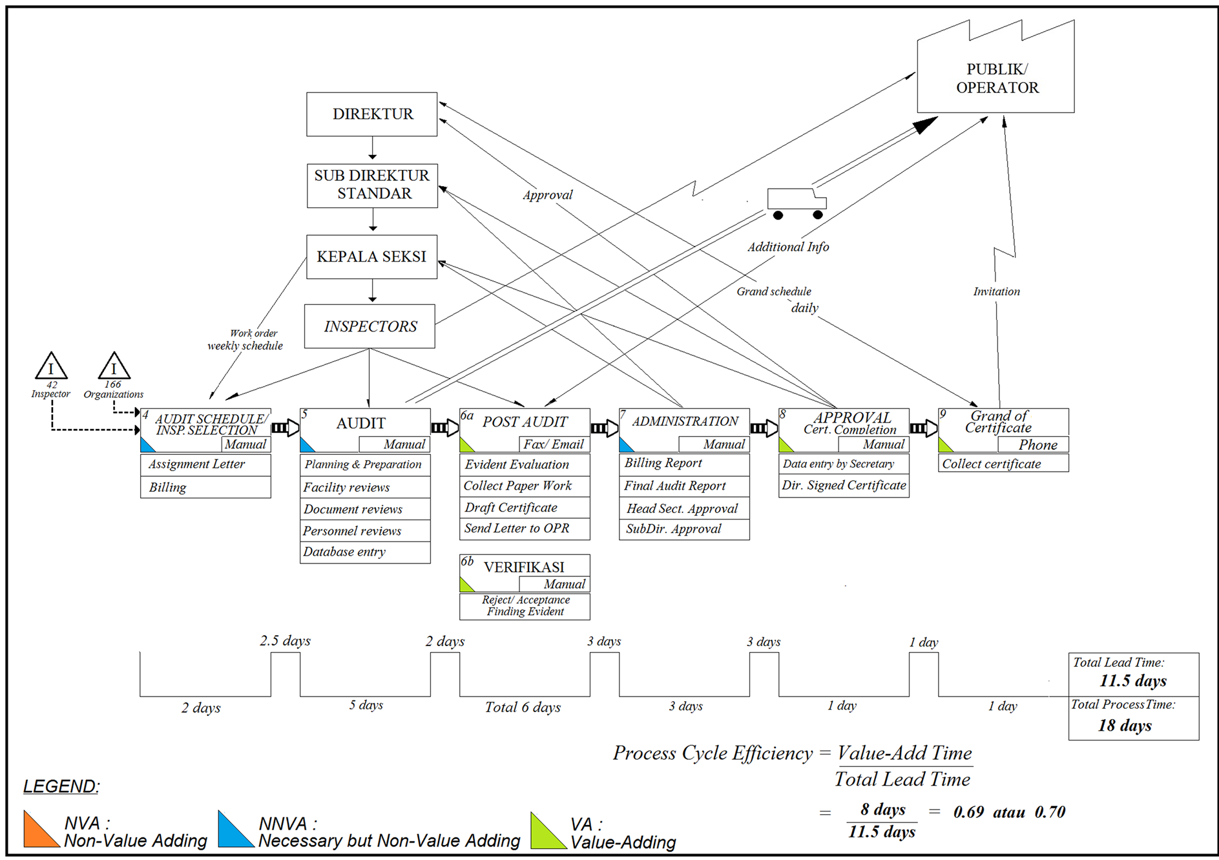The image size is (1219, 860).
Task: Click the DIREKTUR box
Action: [x=371, y=114]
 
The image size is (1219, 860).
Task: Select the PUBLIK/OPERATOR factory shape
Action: [x=996, y=78]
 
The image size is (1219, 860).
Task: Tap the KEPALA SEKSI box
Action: [x=371, y=257]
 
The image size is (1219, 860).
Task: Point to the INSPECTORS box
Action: [x=370, y=326]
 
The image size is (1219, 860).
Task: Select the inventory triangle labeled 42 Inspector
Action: [x=51, y=367]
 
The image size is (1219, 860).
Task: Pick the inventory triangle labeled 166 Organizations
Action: [x=114, y=367]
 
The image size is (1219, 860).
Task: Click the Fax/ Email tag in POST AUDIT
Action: [x=554, y=445]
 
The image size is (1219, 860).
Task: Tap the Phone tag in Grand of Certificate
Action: [x=1033, y=445]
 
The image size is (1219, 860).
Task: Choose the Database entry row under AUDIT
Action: [x=365, y=552]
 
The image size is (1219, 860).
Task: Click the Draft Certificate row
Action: [x=525, y=507]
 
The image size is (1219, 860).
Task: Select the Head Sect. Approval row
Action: [x=683, y=509]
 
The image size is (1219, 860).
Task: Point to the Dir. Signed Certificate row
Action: [x=844, y=485]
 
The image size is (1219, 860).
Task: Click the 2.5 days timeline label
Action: [x=285, y=641]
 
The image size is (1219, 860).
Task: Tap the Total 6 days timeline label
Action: [x=523, y=708]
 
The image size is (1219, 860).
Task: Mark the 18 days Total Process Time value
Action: [x=1125, y=726]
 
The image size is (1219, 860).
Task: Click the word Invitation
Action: [x=996, y=292]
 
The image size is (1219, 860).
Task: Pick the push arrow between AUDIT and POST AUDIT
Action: [x=445, y=428]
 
